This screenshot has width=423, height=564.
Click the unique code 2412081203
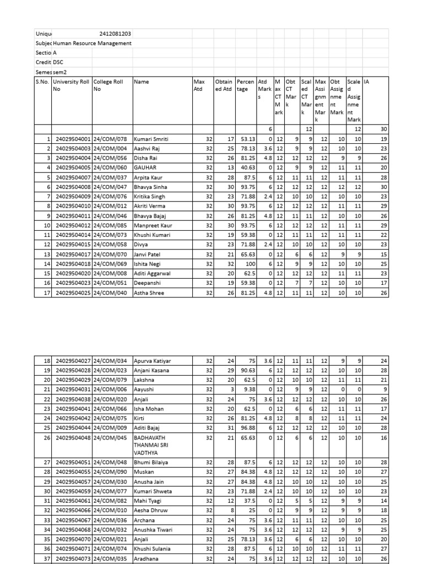click(x=115, y=34)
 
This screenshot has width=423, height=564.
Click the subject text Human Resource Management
click(x=93, y=44)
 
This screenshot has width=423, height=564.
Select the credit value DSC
click(x=58, y=62)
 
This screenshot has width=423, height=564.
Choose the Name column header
click(x=142, y=82)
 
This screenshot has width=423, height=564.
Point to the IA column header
click(x=367, y=82)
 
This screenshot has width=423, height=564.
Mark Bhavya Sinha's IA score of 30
click(x=383, y=187)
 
